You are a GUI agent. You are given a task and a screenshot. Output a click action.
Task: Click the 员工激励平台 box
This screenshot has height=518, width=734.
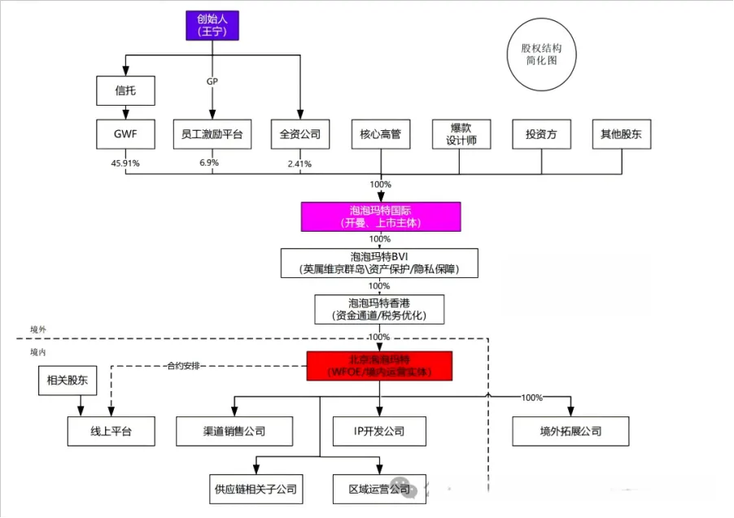click(212, 134)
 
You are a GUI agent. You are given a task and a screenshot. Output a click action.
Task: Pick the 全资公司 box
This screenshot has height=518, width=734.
click(300, 134)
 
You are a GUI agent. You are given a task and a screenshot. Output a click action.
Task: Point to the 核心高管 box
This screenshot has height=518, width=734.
click(380, 134)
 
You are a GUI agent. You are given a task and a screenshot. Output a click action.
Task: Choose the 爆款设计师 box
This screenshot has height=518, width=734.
click(461, 134)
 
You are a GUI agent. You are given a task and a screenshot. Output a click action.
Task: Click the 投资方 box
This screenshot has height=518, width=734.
click(541, 134)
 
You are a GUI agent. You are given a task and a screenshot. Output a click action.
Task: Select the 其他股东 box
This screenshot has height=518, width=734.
click(621, 134)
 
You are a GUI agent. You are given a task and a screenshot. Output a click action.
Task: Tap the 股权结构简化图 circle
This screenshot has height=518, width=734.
click(541, 54)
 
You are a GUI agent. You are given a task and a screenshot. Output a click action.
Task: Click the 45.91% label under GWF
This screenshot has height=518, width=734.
click(125, 163)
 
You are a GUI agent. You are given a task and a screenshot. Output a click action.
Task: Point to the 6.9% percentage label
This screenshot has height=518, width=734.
click(210, 163)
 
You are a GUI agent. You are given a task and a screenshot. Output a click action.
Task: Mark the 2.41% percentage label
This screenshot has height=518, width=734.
click(300, 163)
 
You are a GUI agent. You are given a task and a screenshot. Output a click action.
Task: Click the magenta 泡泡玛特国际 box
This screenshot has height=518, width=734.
click(380, 216)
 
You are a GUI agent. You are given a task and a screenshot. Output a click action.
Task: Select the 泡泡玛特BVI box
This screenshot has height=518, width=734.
click(380, 262)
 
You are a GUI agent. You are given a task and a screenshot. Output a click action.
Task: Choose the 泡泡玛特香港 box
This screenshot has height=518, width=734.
click(380, 308)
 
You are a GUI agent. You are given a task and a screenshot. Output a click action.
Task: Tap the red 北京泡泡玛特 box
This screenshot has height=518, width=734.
click(379, 366)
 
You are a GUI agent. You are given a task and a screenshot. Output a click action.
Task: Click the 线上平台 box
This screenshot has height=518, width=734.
click(111, 432)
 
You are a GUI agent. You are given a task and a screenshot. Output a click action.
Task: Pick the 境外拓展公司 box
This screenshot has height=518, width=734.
click(570, 431)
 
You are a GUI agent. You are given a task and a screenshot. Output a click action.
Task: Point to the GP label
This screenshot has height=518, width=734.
click(212, 81)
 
